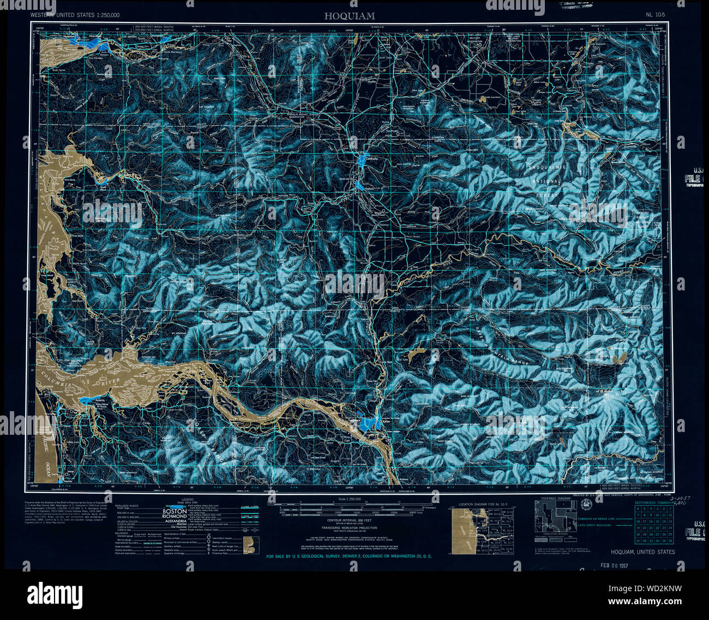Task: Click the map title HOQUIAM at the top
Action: [x=350, y=16]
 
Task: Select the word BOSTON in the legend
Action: [x=174, y=512]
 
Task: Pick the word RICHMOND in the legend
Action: [x=174, y=518]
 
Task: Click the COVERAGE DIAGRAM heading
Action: [x=555, y=498]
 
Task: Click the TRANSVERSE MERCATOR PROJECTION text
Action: [x=350, y=528]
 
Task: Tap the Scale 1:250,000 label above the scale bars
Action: [x=350, y=499]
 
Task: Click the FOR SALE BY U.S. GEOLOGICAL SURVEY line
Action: [x=350, y=556]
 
